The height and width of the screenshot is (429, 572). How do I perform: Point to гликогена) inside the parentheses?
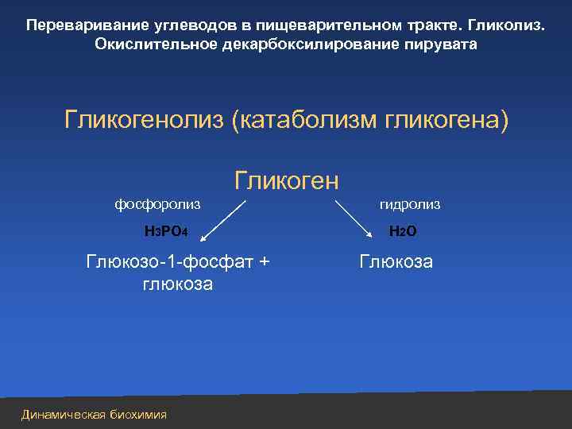446,121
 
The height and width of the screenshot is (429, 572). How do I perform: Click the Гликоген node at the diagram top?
286,180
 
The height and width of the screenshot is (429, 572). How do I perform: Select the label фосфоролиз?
157,204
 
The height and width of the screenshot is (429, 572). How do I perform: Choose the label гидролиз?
409,204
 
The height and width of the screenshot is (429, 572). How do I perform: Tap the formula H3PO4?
165,232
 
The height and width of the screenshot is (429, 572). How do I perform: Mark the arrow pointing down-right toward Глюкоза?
355,217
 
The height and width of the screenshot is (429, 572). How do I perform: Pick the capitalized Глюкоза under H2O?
396,261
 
